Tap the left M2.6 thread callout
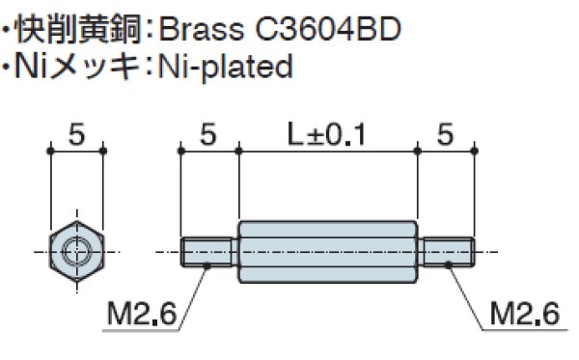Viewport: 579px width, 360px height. [x=142, y=315]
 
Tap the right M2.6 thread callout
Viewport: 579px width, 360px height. [x=524, y=315]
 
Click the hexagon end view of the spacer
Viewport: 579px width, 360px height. [x=75, y=251]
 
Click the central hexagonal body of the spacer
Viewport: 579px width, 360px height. [x=326, y=251]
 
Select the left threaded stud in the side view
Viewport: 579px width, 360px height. [x=208, y=251]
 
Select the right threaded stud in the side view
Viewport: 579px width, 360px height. [x=445, y=251]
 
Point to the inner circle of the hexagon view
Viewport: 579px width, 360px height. [x=75, y=252]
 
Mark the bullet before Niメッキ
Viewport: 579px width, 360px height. [x=9, y=67]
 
